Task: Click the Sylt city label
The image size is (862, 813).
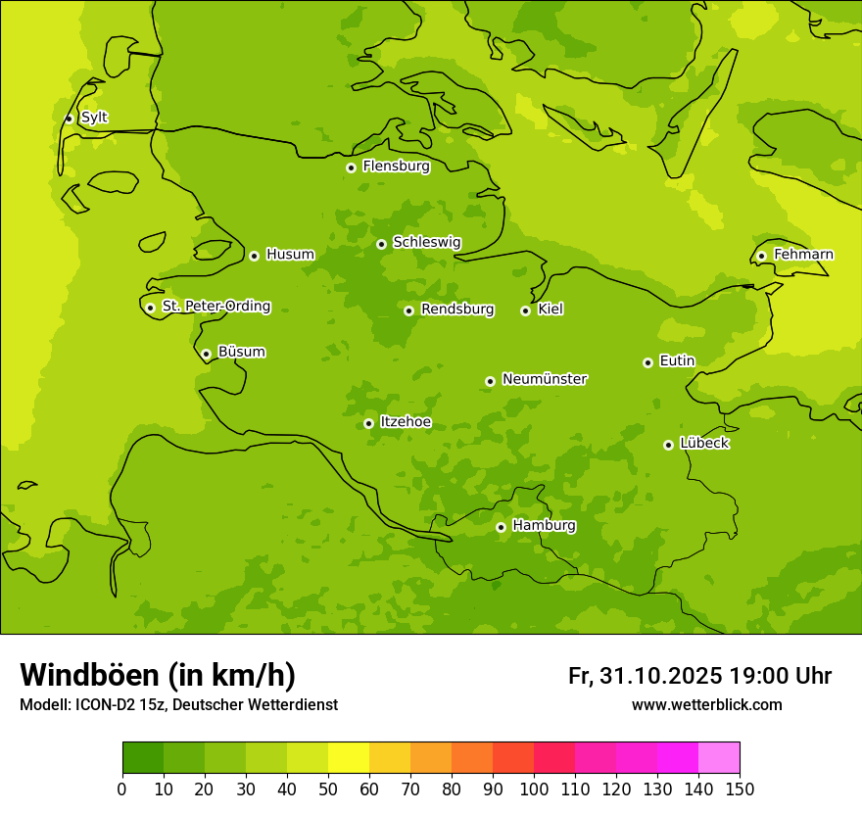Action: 94,118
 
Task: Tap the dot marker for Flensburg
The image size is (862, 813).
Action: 351,167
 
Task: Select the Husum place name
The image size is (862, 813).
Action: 290,255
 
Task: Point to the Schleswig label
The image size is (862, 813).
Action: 426,242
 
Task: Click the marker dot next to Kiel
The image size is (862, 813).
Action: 525,311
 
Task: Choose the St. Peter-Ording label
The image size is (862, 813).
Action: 216,307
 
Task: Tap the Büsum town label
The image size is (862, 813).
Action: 241,352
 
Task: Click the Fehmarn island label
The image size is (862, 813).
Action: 803,255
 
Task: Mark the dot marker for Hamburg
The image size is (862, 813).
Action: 501,527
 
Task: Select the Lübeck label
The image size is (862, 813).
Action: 703,444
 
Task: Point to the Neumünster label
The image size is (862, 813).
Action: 544,379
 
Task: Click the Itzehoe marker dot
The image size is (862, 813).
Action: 368,423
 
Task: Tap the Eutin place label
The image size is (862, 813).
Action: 677,361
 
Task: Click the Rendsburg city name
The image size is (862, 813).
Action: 456,310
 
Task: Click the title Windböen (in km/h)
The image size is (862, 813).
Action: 158,675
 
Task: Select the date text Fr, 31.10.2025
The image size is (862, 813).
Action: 645,676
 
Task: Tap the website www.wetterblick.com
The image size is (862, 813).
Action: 706,705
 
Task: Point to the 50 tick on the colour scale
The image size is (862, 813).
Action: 327,789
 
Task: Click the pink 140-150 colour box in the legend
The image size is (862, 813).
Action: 719,758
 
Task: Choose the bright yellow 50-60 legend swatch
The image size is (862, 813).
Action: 349,758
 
